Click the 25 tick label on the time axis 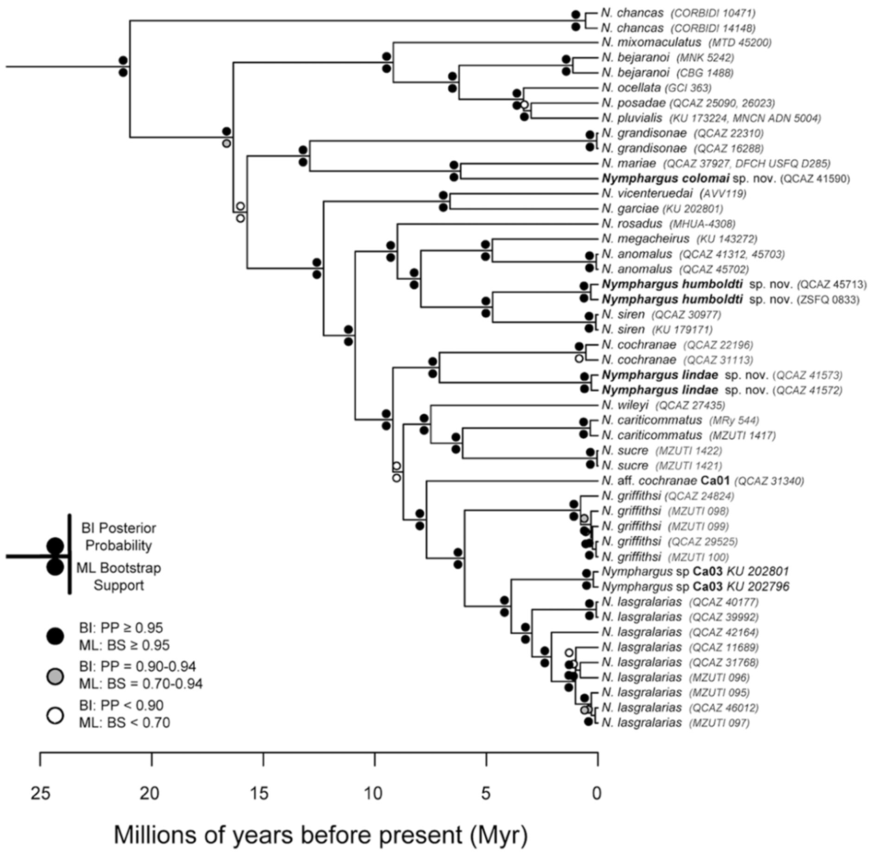pos(40,794)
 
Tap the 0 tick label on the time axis pos(596,794)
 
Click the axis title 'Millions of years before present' pos(320,834)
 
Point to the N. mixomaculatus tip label pos(651,42)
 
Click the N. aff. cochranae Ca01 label pos(665,481)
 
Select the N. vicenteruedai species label pos(647,193)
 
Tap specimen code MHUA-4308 pos(693,224)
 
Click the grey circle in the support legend pos(55,676)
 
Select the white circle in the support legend pos(55,714)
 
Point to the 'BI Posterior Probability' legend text pos(118,537)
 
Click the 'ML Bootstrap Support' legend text pos(118,576)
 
